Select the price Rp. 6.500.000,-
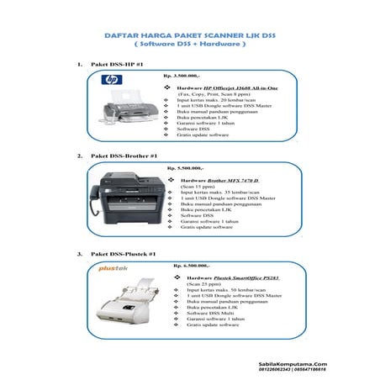[190, 265]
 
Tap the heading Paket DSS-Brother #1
[119, 156]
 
